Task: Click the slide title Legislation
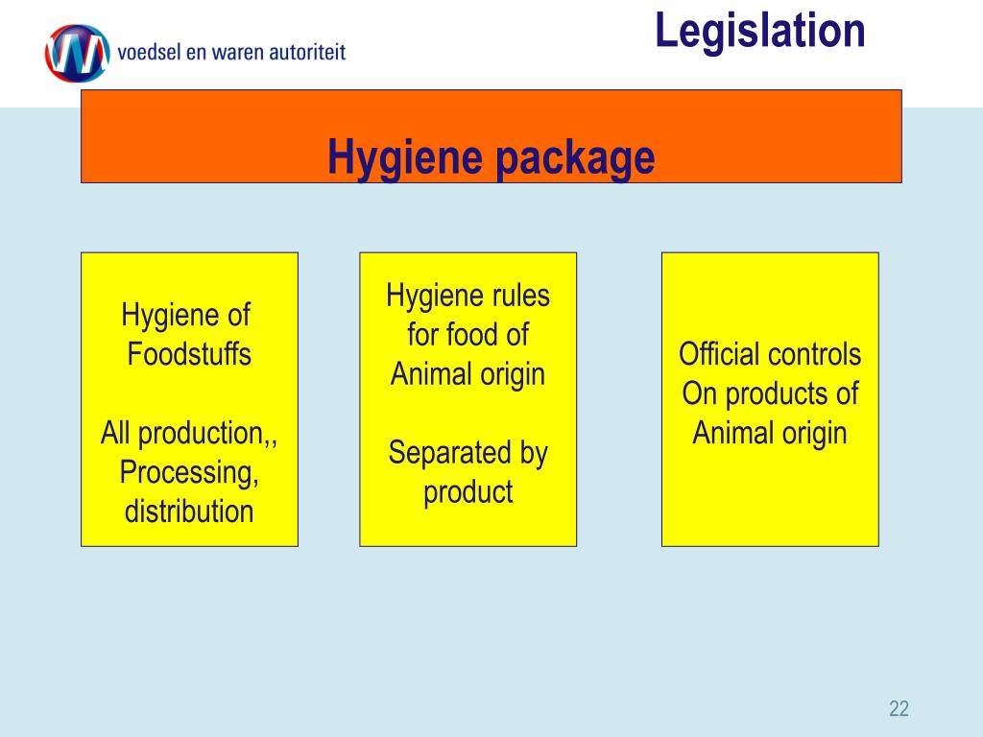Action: pos(760,31)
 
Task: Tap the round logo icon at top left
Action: pos(76,52)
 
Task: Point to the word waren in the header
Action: pos(242,52)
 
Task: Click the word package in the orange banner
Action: pos(575,157)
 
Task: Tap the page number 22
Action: pos(899,709)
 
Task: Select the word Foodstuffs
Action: pos(189,354)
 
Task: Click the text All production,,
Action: pos(189,433)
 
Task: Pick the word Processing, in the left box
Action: pos(189,472)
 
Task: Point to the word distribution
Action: pos(189,511)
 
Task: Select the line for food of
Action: pos(468,335)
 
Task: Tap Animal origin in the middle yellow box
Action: pos(468,374)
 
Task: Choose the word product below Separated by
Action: pos(468,492)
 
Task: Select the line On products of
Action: pos(770,393)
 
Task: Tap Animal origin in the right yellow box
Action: pos(770,433)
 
